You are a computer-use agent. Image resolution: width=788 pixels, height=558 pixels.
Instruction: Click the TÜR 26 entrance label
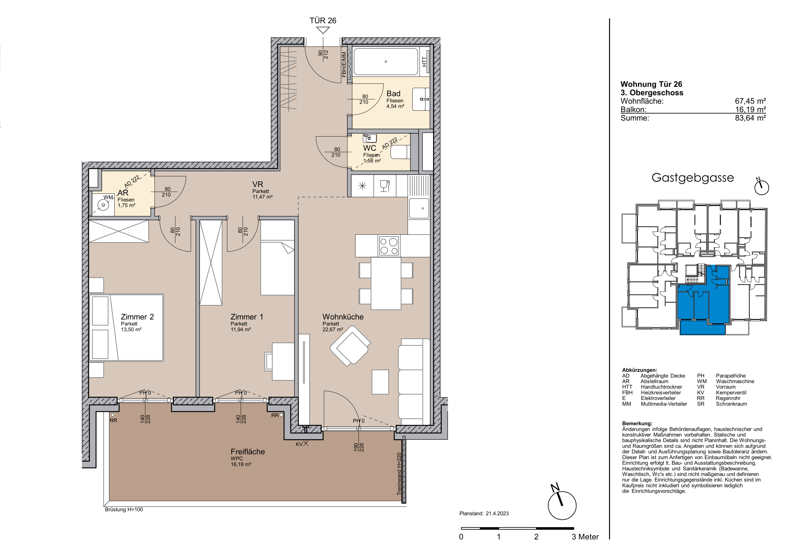click(x=323, y=21)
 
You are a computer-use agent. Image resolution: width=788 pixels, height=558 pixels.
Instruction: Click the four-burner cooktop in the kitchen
click(x=389, y=246)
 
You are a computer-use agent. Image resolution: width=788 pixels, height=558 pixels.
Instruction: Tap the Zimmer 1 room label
click(x=247, y=317)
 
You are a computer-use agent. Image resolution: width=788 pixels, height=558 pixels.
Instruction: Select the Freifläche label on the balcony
click(x=248, y=452)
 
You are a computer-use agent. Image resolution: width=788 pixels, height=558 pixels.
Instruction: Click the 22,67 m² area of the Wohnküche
click(x=333, y=329)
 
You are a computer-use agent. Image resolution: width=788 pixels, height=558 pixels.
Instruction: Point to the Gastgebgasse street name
click(x=693, y=178)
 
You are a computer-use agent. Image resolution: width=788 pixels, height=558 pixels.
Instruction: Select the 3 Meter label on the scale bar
click(x=585, y=537)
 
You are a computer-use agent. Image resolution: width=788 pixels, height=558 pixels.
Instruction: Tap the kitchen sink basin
click(x=418, y=208)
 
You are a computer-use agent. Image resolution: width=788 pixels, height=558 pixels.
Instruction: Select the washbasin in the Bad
click(x=421, y=99)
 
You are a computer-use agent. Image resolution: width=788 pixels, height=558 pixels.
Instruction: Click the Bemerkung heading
click(x=637, y=424)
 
